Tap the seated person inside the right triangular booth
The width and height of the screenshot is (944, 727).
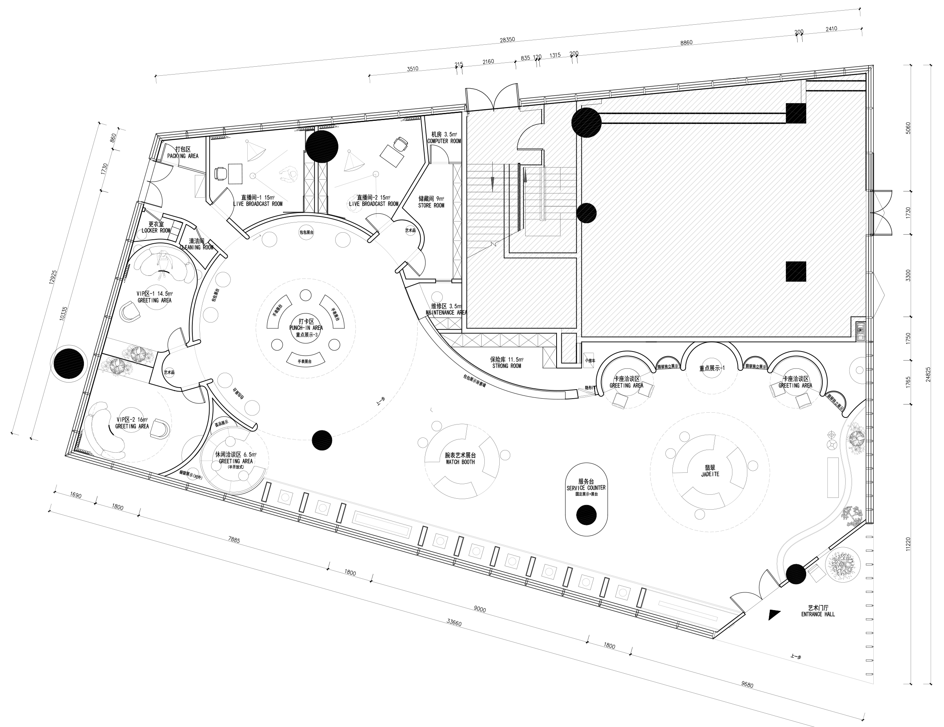(x=355, y=202)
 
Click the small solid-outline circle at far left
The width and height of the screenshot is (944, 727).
(x=69, y=363)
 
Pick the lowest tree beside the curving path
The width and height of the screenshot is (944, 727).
(x=842, y=565)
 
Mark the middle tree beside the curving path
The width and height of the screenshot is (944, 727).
(x=852, y=516)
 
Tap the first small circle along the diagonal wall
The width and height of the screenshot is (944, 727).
(x=285, y=497)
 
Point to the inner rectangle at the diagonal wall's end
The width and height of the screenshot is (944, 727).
(x=688, y=611)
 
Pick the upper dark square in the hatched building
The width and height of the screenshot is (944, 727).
(x=796, y=113)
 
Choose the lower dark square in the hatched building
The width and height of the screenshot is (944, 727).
(x=796, y=271)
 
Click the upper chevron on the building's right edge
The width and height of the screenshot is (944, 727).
(x=879, y=213)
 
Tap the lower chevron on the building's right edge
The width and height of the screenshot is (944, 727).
(x=879, y=295)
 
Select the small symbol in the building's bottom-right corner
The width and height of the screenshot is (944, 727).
(x=860, y=331)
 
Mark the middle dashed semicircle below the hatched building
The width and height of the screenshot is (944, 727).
(x=712, y=380)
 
